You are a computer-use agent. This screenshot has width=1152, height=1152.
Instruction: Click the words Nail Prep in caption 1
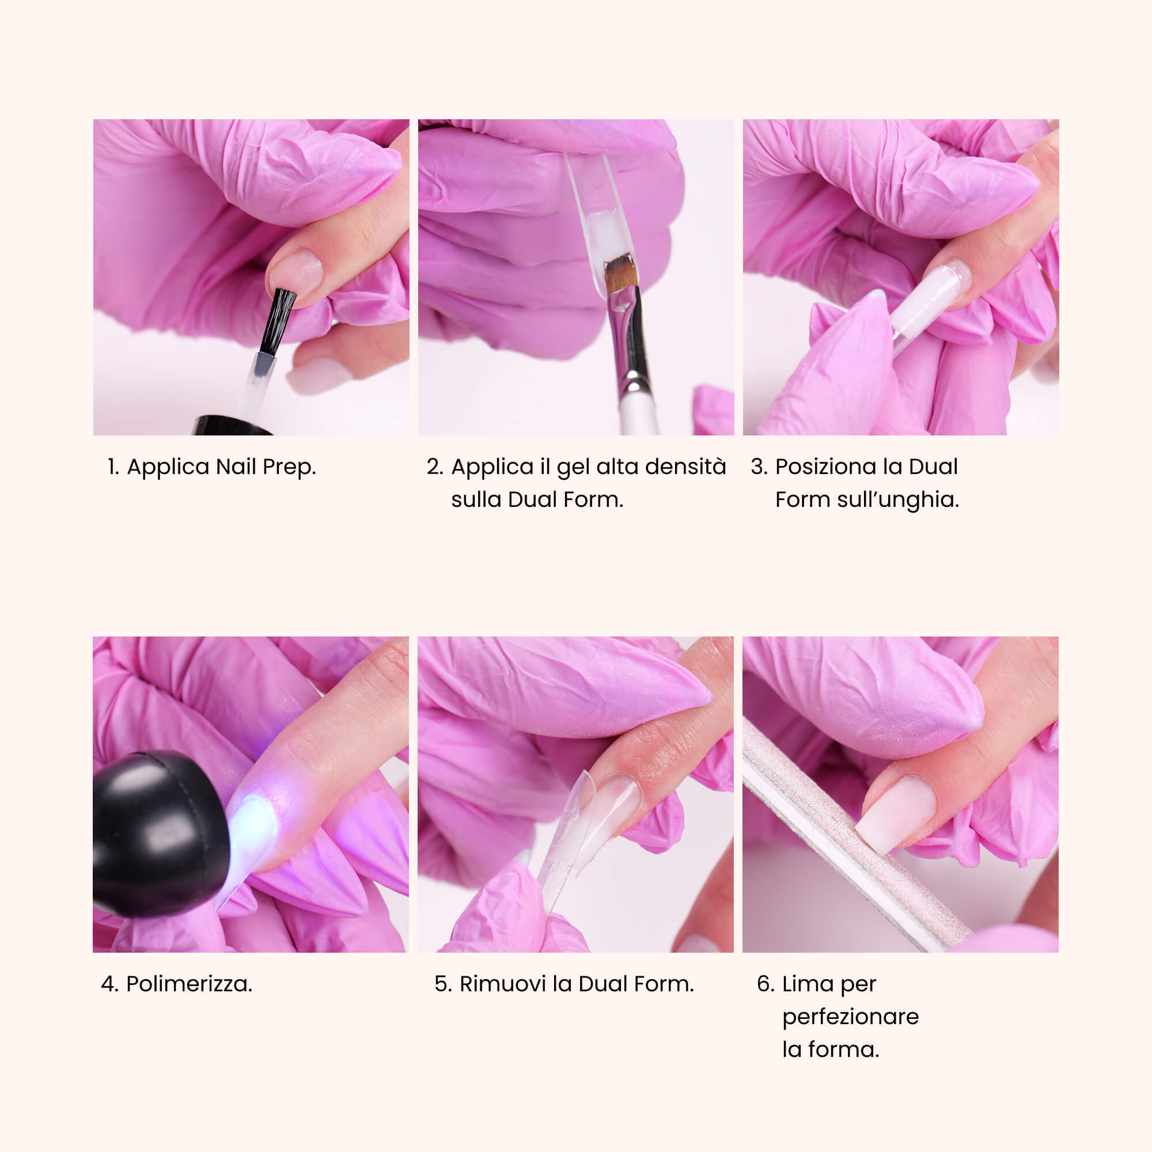coord(266,467)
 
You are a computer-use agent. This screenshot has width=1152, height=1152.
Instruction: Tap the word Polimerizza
coord(189,984)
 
